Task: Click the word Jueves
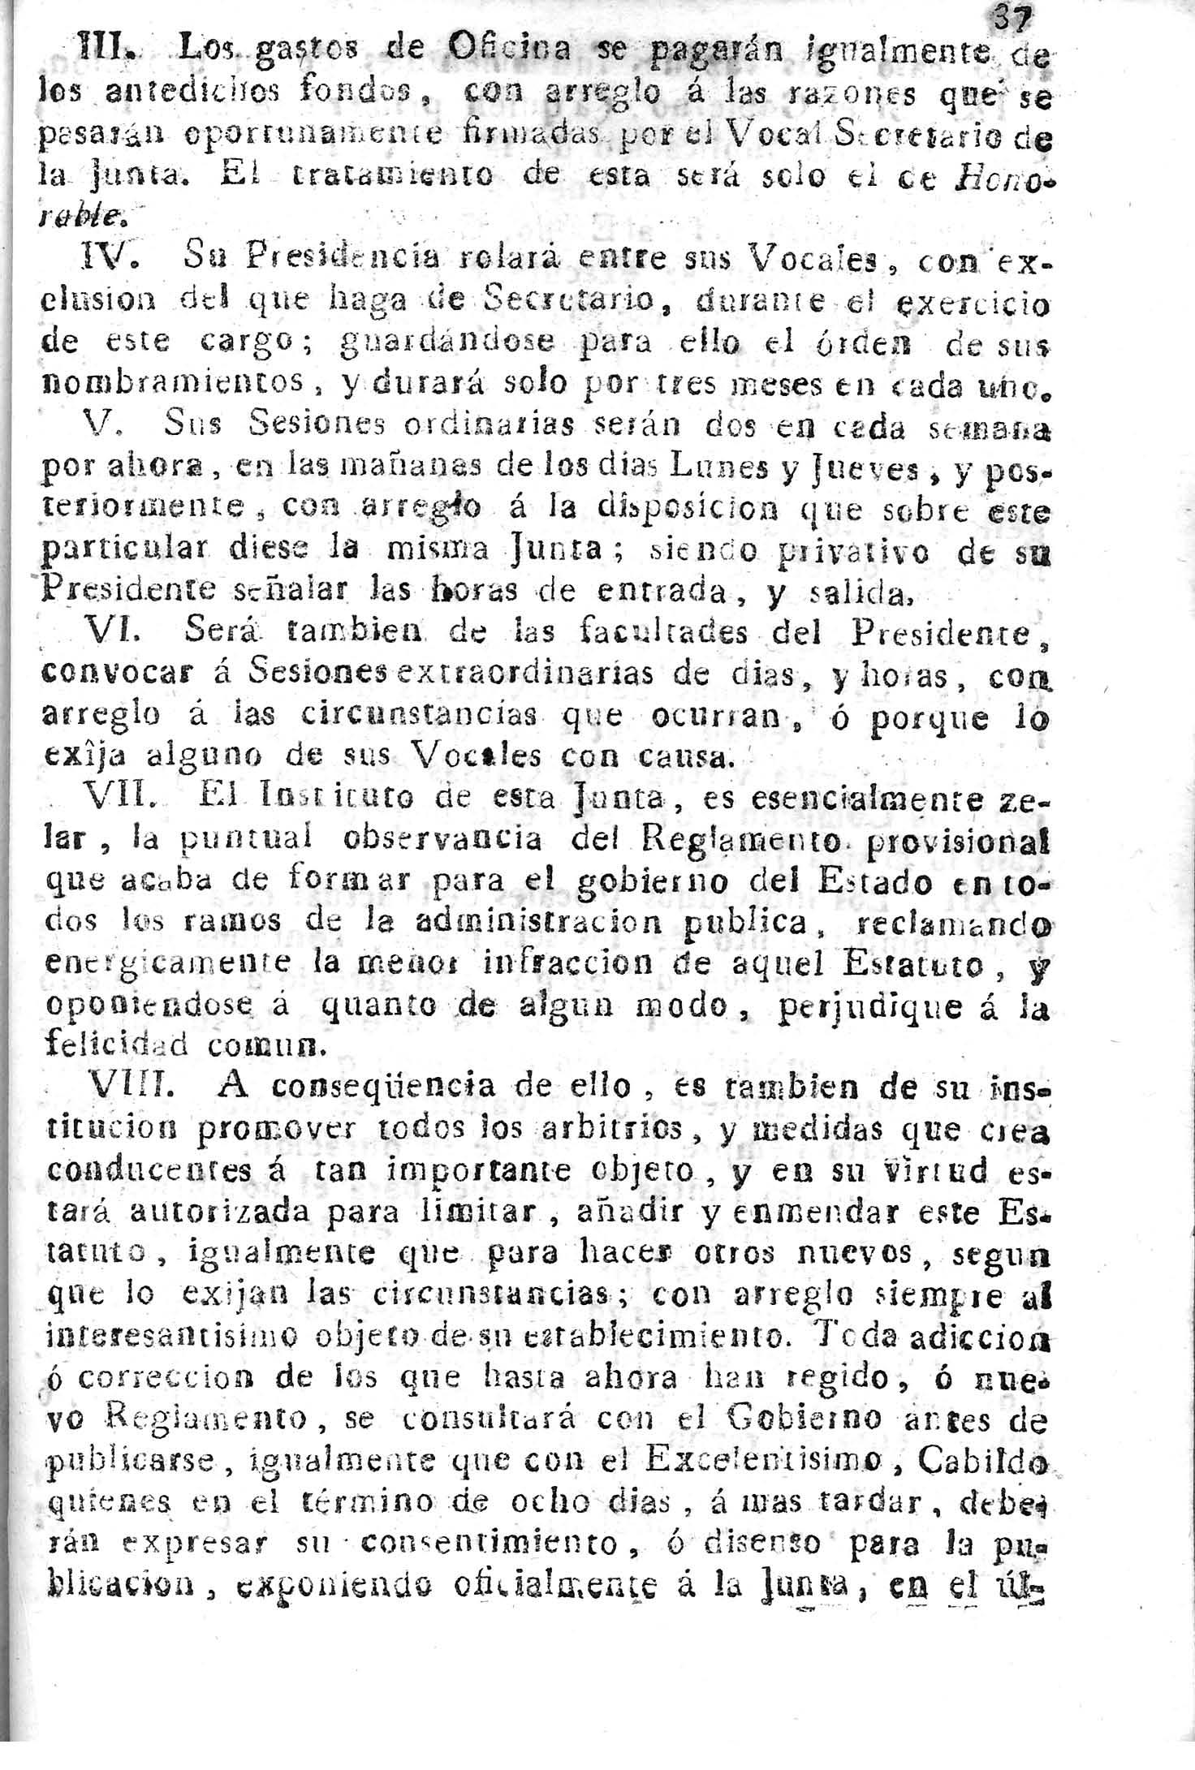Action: pyautogui.click(x=839, y=469)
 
